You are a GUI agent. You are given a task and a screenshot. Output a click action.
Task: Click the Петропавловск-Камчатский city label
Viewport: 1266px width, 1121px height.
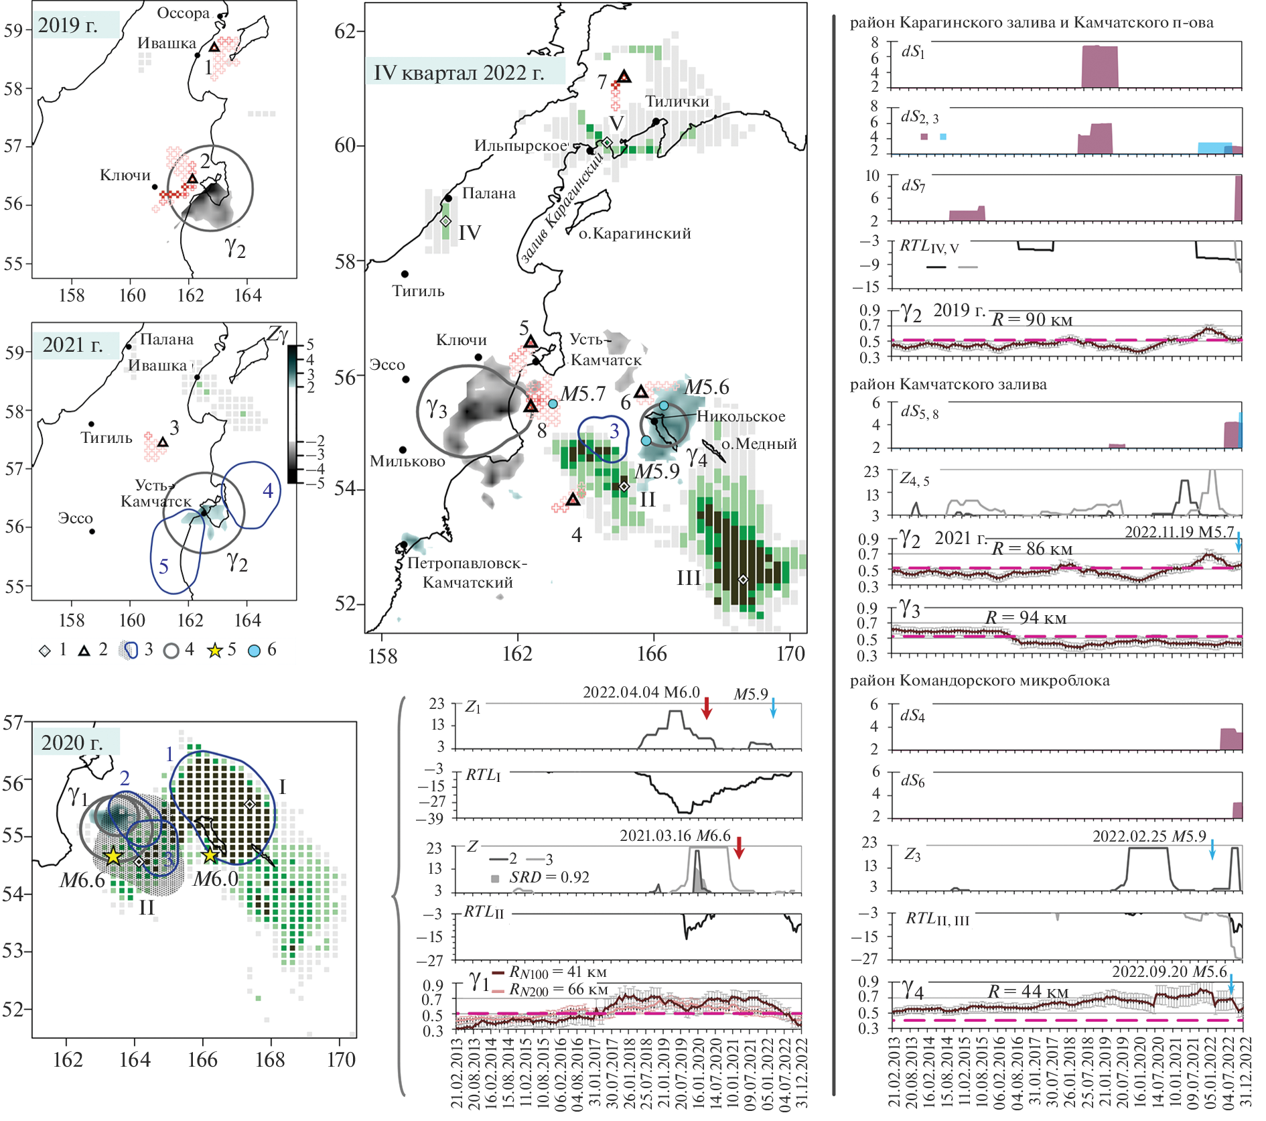[468, 573]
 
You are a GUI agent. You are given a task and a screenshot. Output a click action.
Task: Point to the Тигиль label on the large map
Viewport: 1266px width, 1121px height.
[418, 291]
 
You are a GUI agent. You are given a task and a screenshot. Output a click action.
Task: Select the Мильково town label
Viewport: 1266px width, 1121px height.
[407, 461]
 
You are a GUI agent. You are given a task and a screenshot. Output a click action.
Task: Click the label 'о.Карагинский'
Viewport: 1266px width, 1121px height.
[634, 233]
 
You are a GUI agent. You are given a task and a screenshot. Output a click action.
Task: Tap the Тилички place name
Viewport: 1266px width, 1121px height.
[677, 101]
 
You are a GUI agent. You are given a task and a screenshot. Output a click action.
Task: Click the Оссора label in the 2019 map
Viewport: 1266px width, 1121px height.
[183, 13]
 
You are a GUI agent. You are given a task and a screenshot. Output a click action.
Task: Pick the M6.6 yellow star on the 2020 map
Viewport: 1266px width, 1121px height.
[113, 856]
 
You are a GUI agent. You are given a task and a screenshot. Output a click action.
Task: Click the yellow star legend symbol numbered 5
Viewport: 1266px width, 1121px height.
[214, 650]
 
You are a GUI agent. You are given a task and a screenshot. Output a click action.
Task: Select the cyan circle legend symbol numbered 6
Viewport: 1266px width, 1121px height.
[255, 650]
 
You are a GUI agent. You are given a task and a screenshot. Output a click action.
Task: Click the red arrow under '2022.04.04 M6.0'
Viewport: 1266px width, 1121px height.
[706, 708]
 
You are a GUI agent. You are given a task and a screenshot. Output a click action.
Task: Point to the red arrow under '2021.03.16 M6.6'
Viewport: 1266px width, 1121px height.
[739, 848]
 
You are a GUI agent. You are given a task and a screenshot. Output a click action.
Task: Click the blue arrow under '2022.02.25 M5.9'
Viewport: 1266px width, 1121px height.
[1212, 849]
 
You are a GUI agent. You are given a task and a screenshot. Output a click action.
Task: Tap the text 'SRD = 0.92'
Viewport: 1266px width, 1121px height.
[549, 877]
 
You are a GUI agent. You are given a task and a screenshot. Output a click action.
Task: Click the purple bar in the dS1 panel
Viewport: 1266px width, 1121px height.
[1100, 66]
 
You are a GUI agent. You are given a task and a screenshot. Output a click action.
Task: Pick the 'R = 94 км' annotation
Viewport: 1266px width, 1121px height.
[1026, 617]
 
